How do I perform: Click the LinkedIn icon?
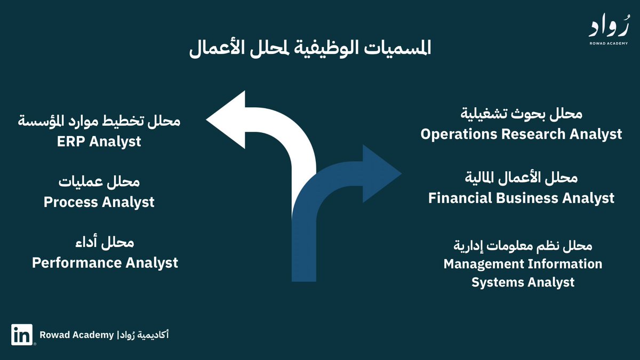coord(22,335)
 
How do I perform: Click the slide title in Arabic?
coord(310,49)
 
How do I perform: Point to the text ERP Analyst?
coord(100,141)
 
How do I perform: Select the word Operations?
coord(459,134)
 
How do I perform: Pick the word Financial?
coord(460,198)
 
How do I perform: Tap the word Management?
coord(484,264)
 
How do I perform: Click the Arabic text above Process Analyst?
coord(99,182)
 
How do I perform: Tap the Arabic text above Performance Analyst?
coord(105,243)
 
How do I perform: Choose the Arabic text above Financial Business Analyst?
coord(522,178)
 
